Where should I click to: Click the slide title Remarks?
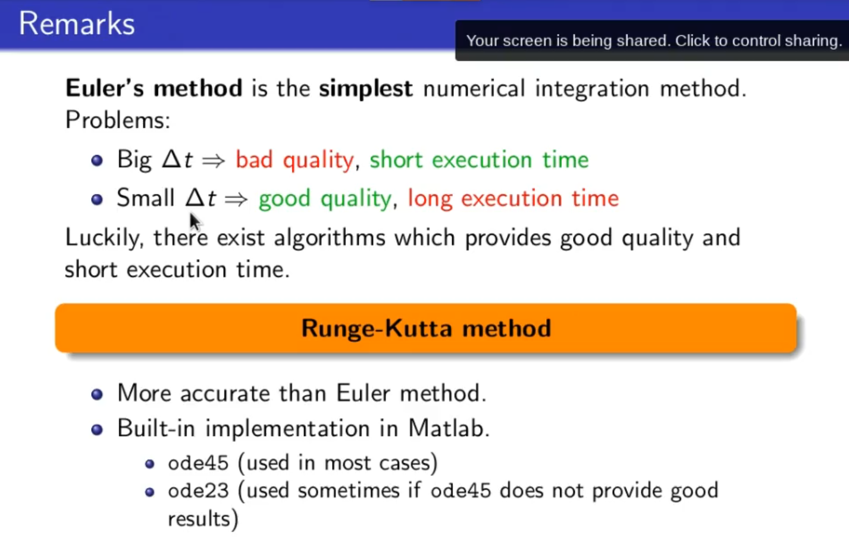(77, 24)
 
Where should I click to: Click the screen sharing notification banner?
(652, 40)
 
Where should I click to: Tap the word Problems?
(118, 120)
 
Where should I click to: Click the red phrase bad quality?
(295, 160)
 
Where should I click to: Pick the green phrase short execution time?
(479, 159)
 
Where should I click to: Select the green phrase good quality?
(325, 199)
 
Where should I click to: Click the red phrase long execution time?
(513, 199)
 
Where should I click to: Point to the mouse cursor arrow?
(195, 222)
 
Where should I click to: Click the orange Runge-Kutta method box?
(425, 328)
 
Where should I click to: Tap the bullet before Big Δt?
(97, 160)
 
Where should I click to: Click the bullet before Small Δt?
(97, 199)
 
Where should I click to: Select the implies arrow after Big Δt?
(214, 161)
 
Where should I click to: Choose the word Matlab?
(449, 429)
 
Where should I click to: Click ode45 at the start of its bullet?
(198, 463)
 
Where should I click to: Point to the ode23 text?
(198, 491)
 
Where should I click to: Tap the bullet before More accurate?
(97, 394)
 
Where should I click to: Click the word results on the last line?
(203, 519)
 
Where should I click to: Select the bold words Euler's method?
(154, 88)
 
